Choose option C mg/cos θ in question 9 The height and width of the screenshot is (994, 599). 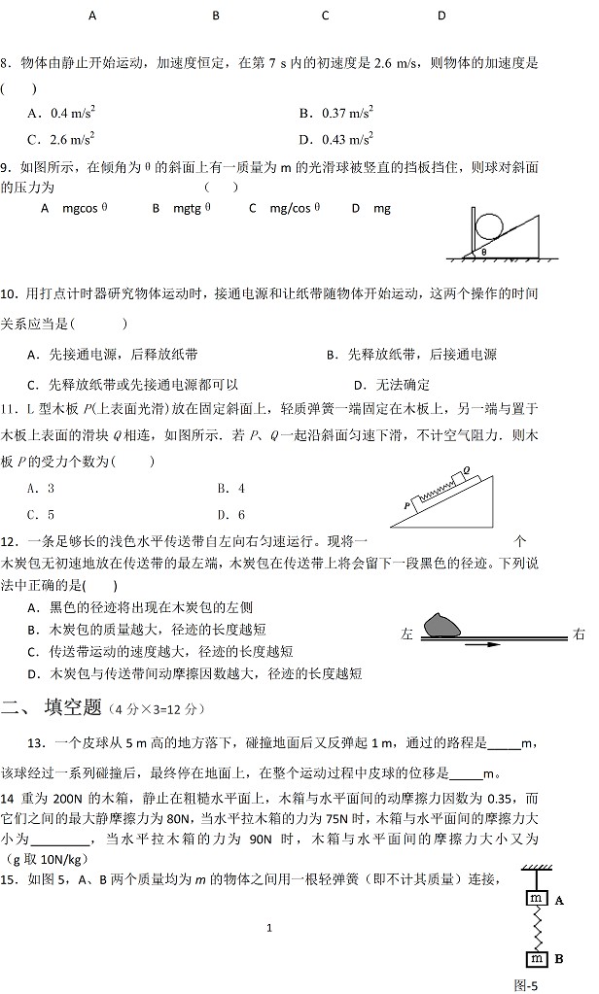[284, 207]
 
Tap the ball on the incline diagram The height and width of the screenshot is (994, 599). [489, 223]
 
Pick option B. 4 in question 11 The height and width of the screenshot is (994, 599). [230, 489]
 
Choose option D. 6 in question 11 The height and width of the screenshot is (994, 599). [230, 515]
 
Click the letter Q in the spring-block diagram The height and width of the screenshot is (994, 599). [467, 469]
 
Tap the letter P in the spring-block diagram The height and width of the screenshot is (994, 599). [407, 506]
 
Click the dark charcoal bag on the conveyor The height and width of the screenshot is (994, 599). [444, 624]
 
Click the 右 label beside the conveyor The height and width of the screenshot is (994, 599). [580, 634]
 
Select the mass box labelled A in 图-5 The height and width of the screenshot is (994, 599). [534, 900]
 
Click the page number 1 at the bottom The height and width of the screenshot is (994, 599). [268, 928]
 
